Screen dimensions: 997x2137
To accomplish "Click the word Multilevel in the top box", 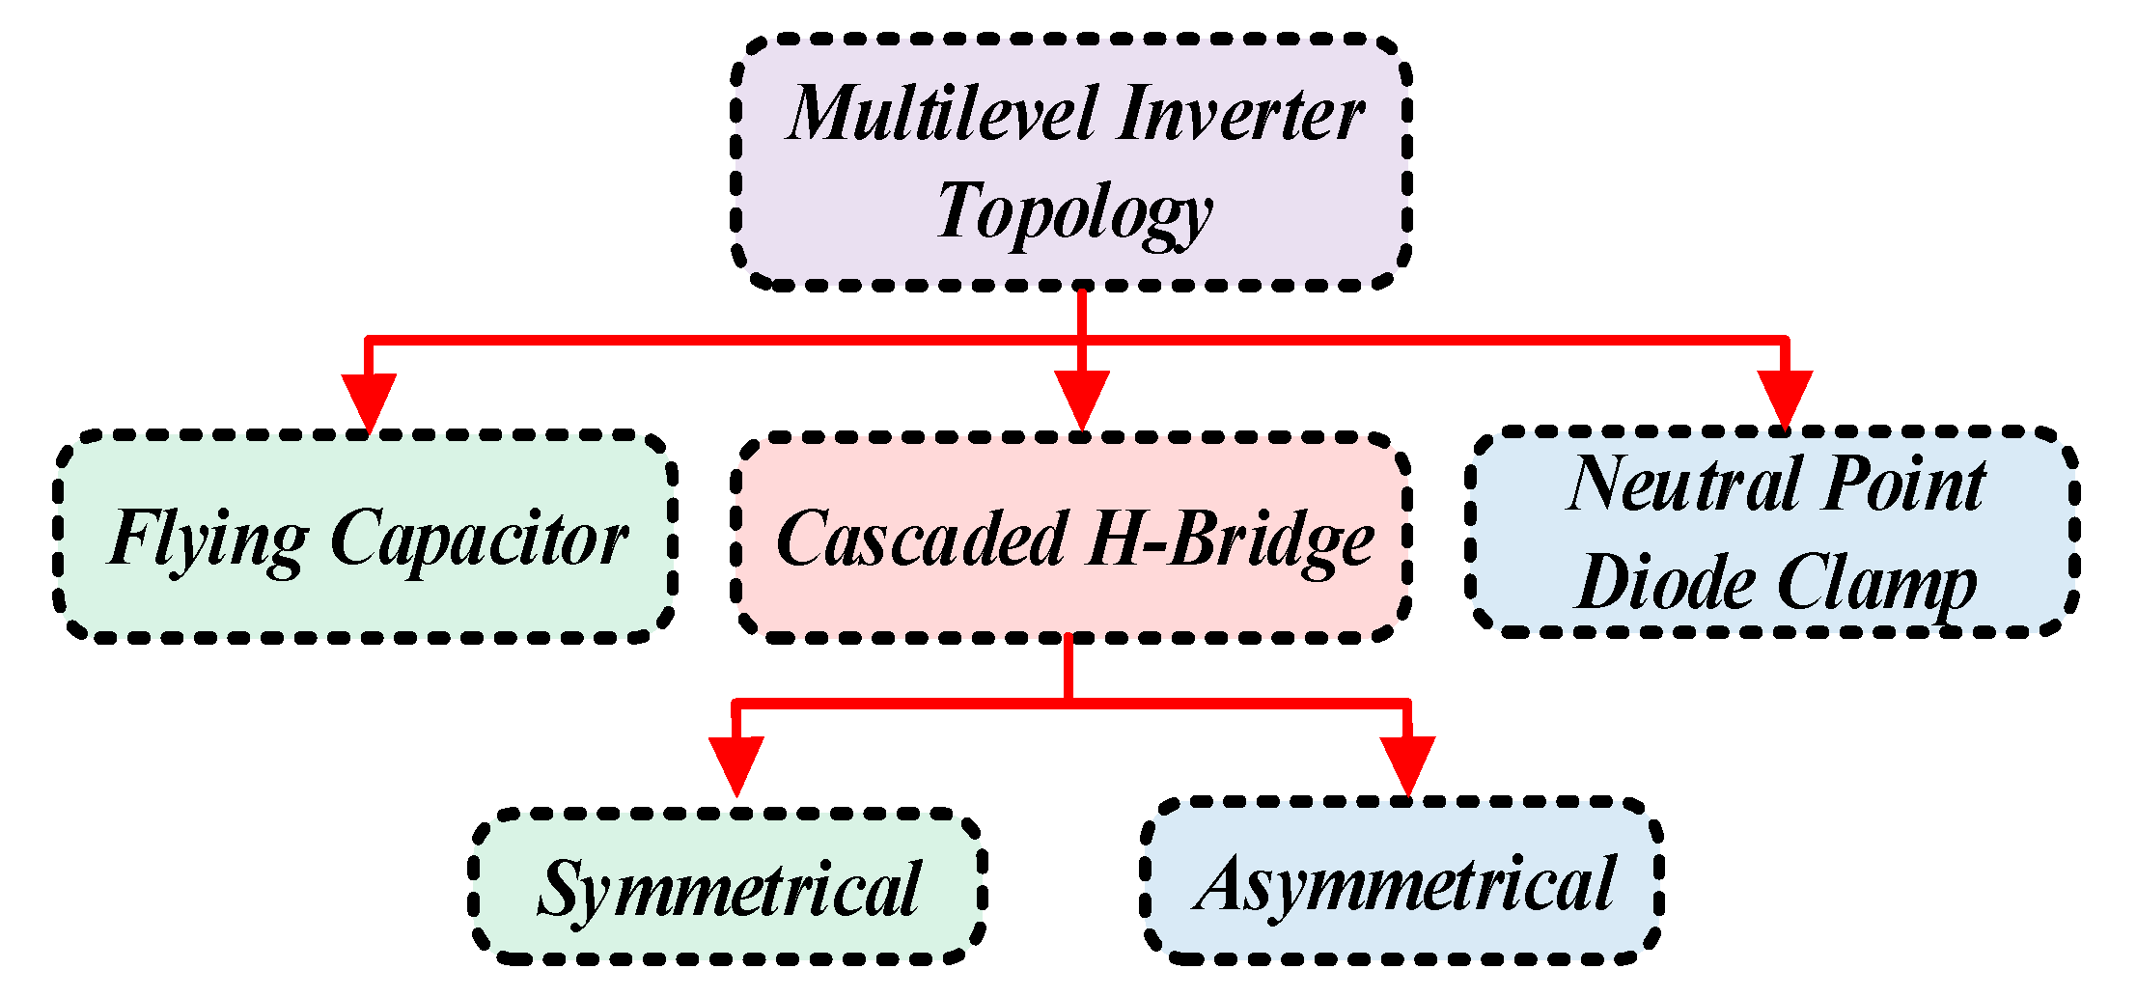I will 944,114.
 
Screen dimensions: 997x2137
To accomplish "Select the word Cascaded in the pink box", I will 922,539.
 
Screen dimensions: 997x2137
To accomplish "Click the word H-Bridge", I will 1231,539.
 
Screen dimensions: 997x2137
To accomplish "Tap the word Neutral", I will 1684,485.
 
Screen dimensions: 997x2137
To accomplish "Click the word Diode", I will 1665,583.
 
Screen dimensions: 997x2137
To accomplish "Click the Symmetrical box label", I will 729,889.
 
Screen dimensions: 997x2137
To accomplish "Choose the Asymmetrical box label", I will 1404,883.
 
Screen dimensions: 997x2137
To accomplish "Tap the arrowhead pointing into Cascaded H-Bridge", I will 1081,399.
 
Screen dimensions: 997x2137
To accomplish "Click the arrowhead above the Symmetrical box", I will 736,763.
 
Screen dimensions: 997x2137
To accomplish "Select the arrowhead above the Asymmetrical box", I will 1407,763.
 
